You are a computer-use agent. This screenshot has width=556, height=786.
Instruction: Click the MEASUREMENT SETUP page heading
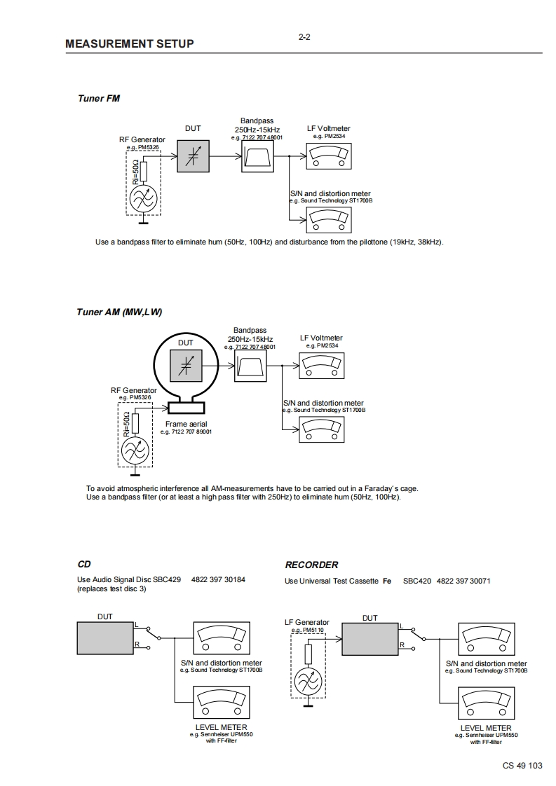(x=130, y=43)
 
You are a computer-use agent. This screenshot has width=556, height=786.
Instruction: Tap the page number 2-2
(x=304, y=37)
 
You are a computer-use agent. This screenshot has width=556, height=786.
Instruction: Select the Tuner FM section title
(x=99, y=98)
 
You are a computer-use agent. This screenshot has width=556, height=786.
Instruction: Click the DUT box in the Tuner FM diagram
(x=193, y=156)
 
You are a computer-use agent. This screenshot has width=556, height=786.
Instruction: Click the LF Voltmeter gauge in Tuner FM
(x=326, y=156)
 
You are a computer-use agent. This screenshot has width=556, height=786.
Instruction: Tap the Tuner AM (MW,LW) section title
(x=119, y=312)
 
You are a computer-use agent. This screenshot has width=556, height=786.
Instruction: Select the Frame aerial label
(x=186, y=424)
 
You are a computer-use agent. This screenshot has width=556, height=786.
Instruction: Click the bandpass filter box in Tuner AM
(x=250, y=366)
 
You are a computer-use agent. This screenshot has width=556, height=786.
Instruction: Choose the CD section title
(x=83, y=564)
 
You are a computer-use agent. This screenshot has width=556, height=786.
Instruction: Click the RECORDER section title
(x=311, y=565)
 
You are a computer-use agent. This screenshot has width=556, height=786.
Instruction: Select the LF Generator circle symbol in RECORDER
(x=308, y=680)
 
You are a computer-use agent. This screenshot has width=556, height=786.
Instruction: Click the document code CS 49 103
(x=522, y=766)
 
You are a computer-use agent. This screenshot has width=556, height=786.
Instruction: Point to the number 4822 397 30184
(x=218, y=580)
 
